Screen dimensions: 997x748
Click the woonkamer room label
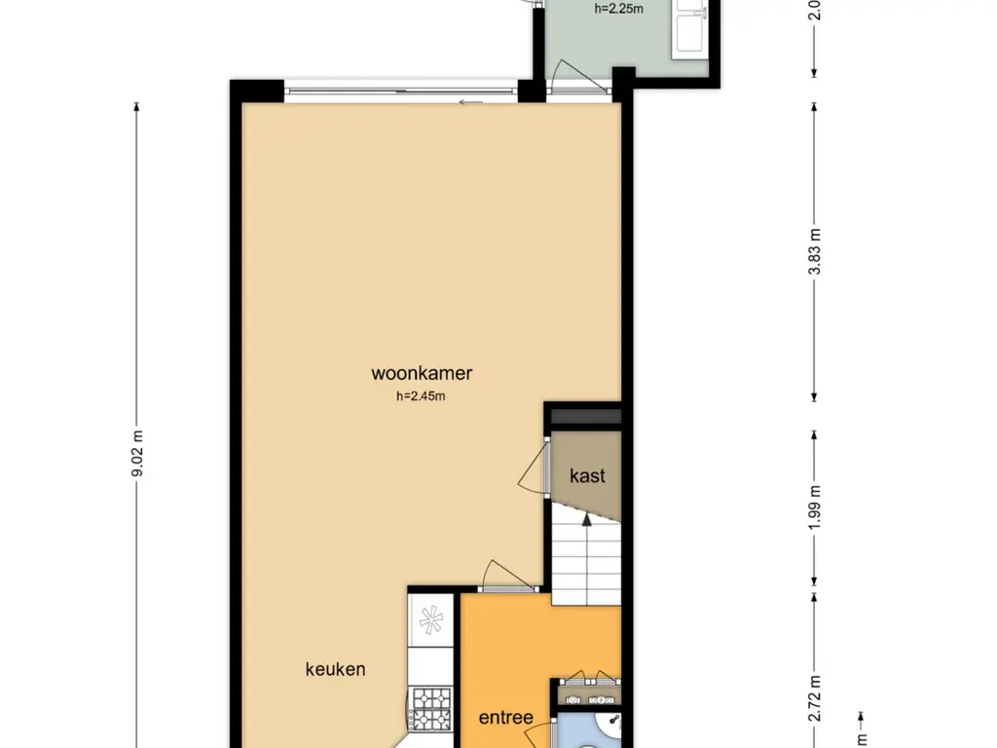point(422,373)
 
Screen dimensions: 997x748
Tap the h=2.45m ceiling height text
point(421,396)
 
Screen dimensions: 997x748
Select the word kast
point(587,475)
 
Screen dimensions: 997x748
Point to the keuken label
point(335,669)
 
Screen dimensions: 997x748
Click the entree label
point(505,718)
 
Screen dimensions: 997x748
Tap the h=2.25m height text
point(618,9)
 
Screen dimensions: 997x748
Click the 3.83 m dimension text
point(815,251)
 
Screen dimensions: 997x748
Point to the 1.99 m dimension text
point(815,506)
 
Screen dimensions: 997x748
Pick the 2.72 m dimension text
point(815,699)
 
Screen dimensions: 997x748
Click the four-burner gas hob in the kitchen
point(431,709)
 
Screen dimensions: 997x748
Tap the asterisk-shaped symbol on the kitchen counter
point(430,619)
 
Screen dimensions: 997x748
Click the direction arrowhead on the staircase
point(586,520)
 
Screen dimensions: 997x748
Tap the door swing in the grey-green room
point(575,75)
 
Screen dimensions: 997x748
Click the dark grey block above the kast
point(585,417)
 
